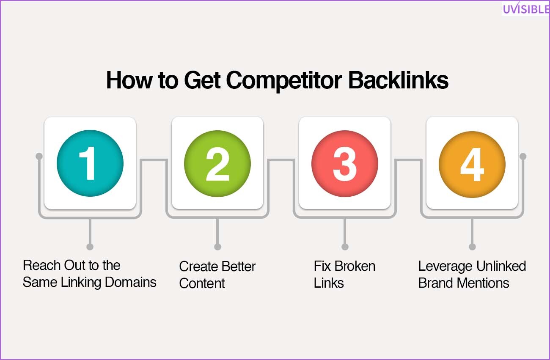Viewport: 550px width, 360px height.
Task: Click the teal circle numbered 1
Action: pyautogui.click(x=90, y=163)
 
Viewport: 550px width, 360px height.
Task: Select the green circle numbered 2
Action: pyautogui.click(x=217, y=164)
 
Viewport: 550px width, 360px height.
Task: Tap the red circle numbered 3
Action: pyautogui.click(x=345, y=164)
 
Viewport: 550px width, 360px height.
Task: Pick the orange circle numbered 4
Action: pyautogui.click(x=472, y=164)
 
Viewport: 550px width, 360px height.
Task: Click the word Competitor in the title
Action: pyautogui.click(x=284, y=81)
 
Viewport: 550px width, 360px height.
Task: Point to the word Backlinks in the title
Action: pyautogui.click(x=398, y=80)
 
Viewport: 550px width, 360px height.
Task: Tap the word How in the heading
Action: pyautogui.click(x=129, y=80)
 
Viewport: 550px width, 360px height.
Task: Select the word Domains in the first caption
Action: pyautogui.click(x=131, y=282)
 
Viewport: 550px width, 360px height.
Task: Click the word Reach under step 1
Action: pyautogui.click(x=41, y=265)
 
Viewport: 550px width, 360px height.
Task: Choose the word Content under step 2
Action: pyautogui.click(x=202, y=283)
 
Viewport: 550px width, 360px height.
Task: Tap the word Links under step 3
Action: pyautogui.click(x=329, y=283)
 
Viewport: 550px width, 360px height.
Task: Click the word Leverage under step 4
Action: pyautogui.click(x=445, y=267)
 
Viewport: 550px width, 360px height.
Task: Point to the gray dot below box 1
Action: pyautogui.click(x=90, y=247)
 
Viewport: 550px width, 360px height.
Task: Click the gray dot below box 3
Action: pyautogui.click(x=345, y=247)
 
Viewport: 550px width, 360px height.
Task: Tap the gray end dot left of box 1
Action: pyautogui.click(x=39, y=156)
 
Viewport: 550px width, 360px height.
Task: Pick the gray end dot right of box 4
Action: pyautogui.click(x=523, y=156)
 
